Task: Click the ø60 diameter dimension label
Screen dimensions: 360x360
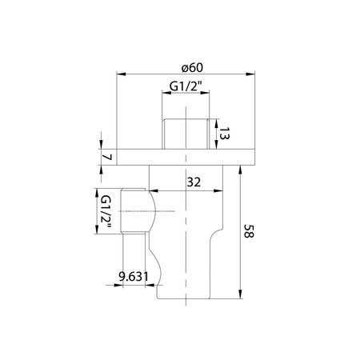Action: (x=192, y=67)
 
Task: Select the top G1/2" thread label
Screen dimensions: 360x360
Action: (x=186, y=86)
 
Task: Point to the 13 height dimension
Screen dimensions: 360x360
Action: (x=224, y=134)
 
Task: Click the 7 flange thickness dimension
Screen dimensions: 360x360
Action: (x=107, y=157)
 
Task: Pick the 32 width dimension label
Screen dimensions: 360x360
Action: (x=194, y=182)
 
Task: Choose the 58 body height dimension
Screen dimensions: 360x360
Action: (x=250, y=231)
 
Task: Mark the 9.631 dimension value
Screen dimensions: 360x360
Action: (x=134, y=277)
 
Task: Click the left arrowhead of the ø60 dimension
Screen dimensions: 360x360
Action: (x=121, y=74)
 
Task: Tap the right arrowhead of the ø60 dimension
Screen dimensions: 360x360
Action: (x=250, y=74)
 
